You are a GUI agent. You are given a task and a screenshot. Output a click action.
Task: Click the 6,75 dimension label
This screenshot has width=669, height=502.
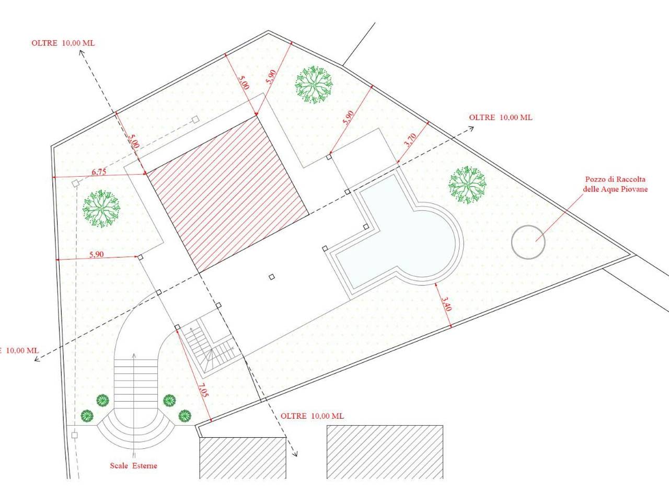coord(99,172)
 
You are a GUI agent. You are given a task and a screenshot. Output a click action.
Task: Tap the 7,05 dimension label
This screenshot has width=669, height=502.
coord(203,390)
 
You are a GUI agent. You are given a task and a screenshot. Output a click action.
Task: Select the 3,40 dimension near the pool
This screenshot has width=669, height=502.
coord(446,304)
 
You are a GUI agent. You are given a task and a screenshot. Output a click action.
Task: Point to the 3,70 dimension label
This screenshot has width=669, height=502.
coord(411,140)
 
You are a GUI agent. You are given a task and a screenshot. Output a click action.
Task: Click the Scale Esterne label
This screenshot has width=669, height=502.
coord(133,465)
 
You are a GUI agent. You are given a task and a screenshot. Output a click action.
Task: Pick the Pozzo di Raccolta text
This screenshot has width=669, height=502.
coord(615,179)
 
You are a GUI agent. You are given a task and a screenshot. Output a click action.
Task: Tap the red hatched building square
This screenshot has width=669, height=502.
coord(227,194)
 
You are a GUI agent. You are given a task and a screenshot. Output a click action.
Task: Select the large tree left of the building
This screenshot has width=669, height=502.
coord(101,209)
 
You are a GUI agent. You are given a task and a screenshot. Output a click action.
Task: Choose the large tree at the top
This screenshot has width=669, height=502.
coord(314,84)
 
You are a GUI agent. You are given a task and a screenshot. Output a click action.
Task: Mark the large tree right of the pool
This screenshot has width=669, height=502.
coord(467,185)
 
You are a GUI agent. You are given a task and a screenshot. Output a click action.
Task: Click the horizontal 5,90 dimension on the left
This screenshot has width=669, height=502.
coord(97,254)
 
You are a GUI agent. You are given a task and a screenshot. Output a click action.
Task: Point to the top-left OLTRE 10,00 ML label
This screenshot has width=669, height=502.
coord(63,43)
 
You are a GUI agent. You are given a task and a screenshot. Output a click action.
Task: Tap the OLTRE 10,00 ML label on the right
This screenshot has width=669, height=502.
coord(501,117)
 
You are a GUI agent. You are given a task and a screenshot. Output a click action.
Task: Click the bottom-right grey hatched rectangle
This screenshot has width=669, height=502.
coord(385,452)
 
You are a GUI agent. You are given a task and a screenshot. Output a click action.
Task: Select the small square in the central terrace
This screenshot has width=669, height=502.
coord(272,277)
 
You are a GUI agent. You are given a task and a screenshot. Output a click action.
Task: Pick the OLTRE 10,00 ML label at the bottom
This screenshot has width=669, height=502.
coord(312,416)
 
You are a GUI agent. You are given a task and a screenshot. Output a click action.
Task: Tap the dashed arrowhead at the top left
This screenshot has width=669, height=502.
coord(82,52)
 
